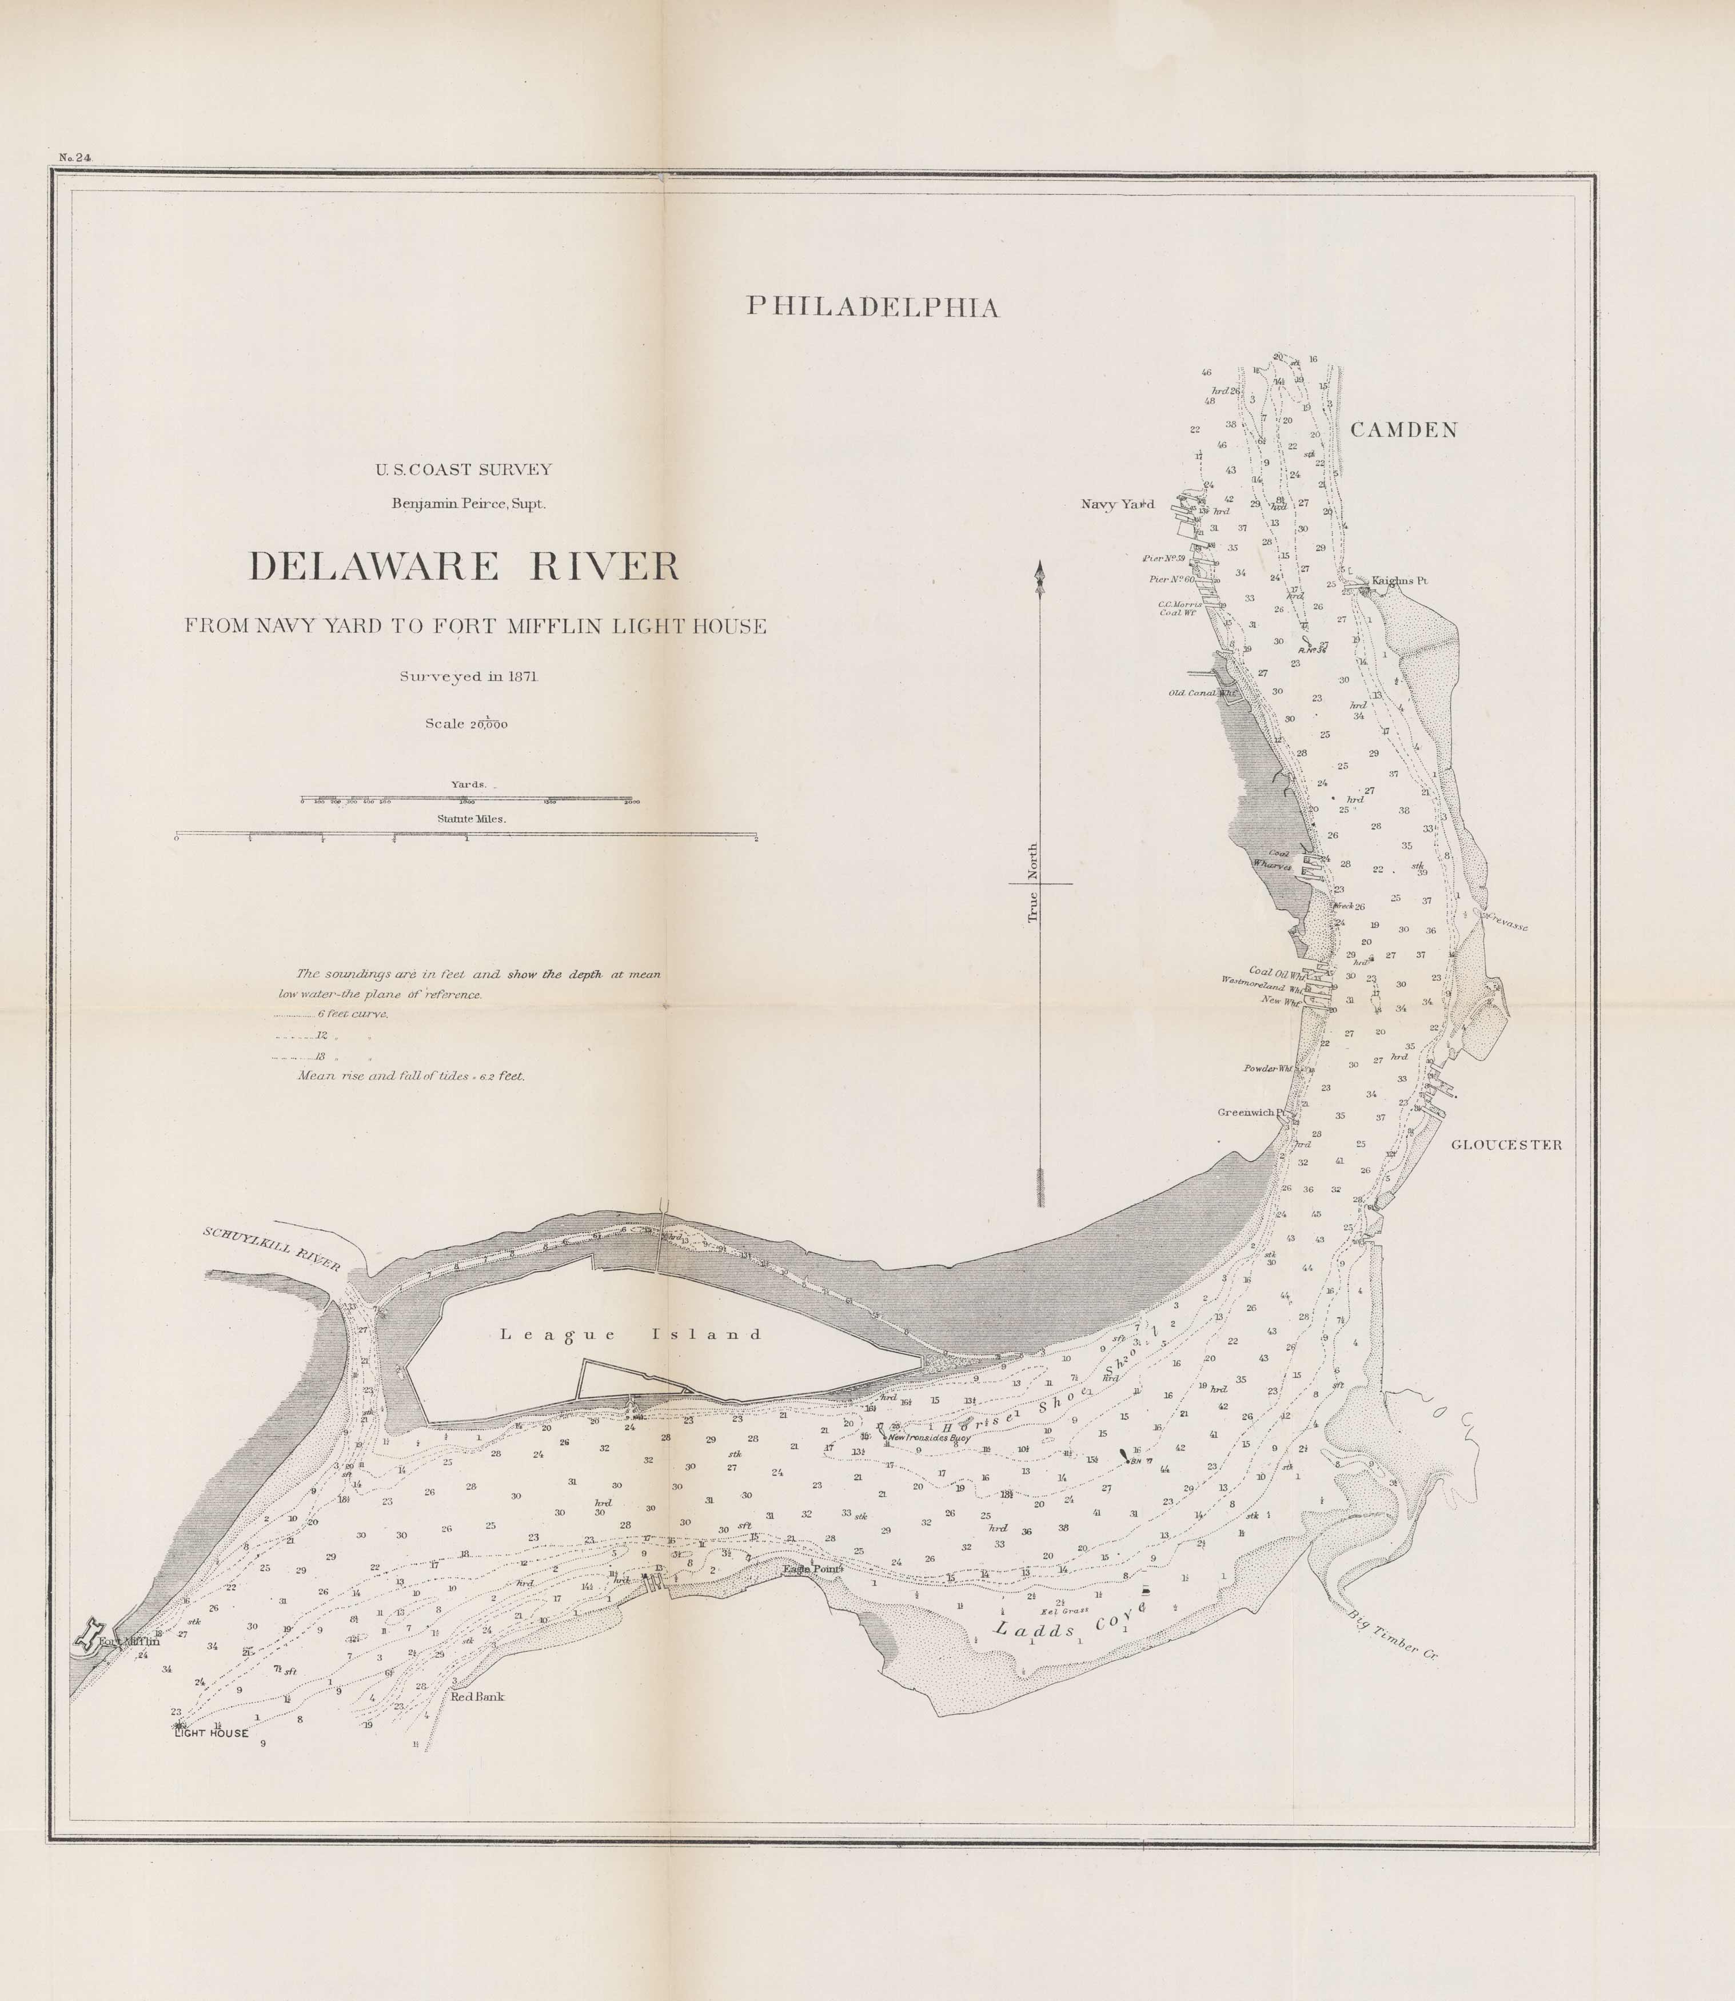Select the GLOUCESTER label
pos(1506,1144)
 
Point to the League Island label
pos(631,1334)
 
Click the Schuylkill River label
pos(271,1249)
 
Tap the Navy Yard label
pos(1117,504)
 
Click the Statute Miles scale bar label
pos(472,818)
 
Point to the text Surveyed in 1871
pos(469,677)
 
